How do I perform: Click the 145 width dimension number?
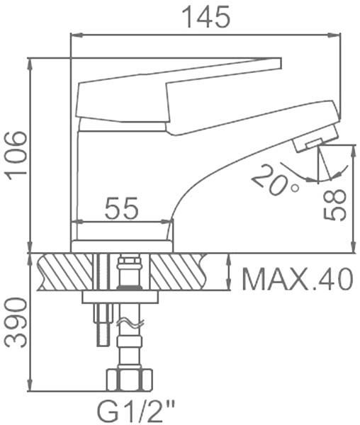pyautogui.click(x=206, y=17)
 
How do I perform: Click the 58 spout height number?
pyautogui.click(x=335, y=205)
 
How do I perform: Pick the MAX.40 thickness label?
pyautogui.click(x=298, y=279)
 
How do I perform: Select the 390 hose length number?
pyautogui.click(x=16, y=322)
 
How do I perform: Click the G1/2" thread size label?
pyautogui.click(x=136, y=412)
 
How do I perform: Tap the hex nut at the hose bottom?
pyautogui.click(x=129, y=380)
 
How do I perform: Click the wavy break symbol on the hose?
pyautogui.click(x=130, y=323)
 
